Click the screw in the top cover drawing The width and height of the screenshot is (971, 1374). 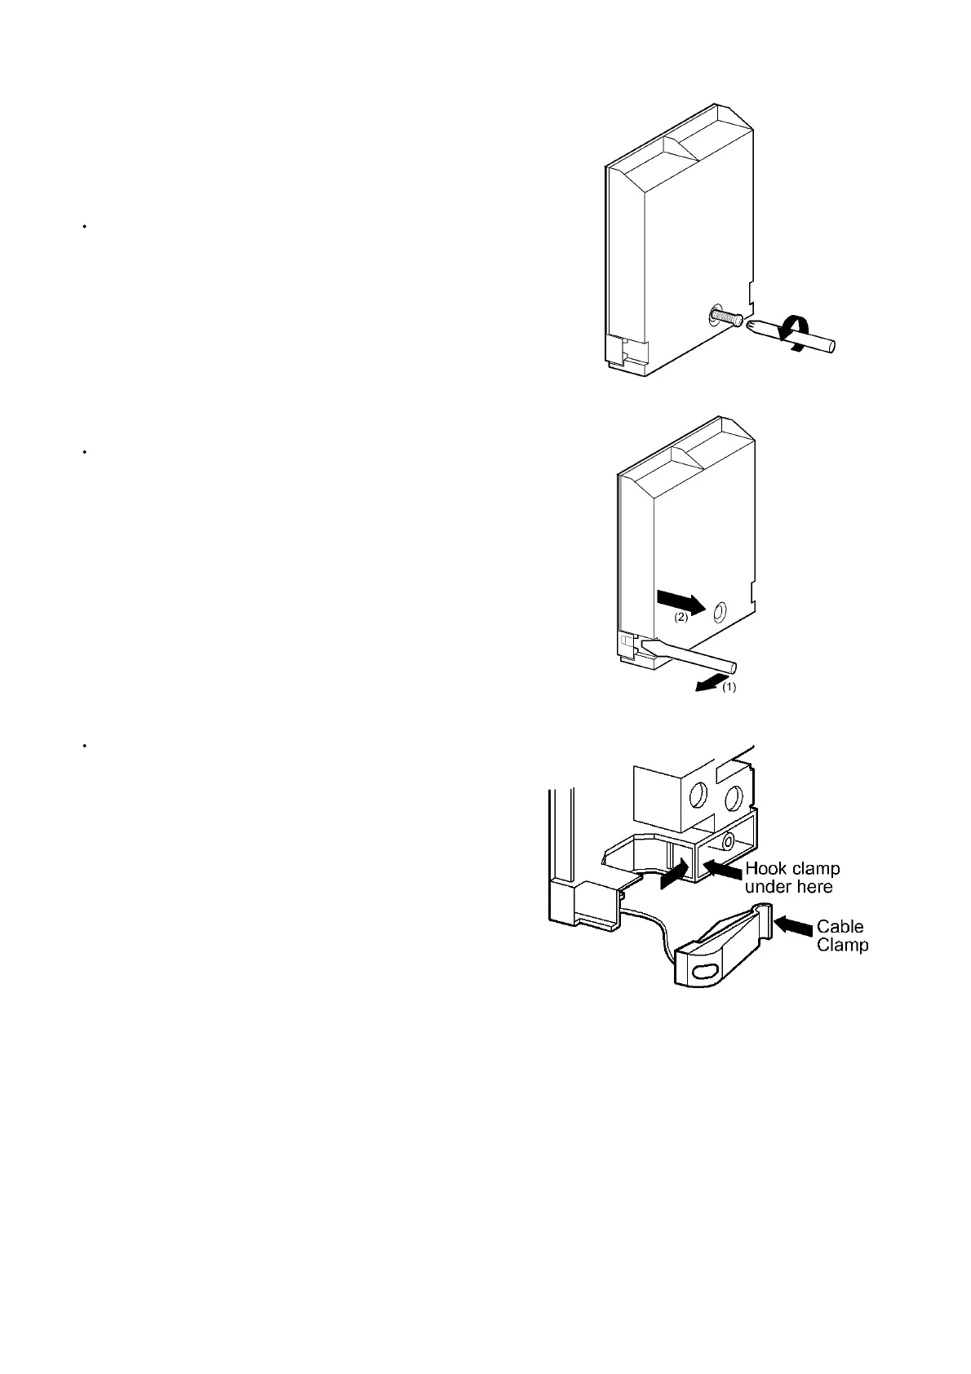point(722,315)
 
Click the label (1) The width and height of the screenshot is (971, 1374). point(729,687)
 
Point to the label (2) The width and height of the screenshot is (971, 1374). point(681,618)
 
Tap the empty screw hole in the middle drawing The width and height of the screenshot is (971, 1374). point(720,611)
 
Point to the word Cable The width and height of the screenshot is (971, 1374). point(840,927)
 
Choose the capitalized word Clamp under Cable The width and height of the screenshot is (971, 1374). point(842,945)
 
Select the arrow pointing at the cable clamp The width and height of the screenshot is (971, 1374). point(793,925)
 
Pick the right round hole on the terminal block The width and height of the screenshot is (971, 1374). point(734,797)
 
